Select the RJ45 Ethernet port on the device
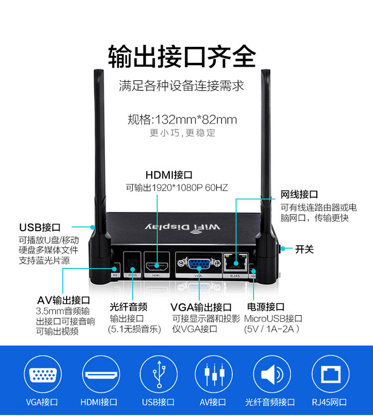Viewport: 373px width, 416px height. [x=235, y=261]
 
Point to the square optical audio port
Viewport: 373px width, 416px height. [x=132, y=263]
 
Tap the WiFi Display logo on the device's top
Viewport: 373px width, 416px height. [x=182, y=227]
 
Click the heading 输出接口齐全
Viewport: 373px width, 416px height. [x=182, y=56]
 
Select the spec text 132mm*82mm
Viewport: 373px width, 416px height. [x=196, y=120]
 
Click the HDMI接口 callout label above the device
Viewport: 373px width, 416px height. [x=169, y=175]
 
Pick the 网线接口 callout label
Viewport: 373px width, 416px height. [x=299, y=194]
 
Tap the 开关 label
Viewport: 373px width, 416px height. [x=305, y=249]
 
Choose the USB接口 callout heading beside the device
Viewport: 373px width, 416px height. [x=40, y=227]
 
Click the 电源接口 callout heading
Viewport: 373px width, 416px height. [x=266, y=307]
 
